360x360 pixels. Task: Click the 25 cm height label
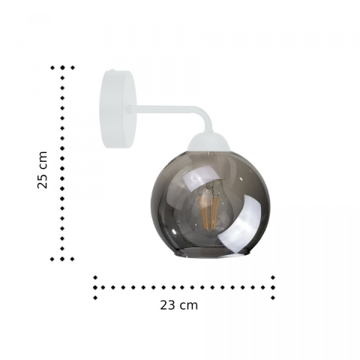point(42,170)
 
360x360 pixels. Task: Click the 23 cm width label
point(179,305)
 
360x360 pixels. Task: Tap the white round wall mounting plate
point(118,109)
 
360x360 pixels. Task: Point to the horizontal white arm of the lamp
point(165,109)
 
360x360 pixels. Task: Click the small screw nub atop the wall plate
point(112,70)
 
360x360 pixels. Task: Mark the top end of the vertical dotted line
point(62,67)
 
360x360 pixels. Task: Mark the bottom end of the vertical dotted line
point(62,259)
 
